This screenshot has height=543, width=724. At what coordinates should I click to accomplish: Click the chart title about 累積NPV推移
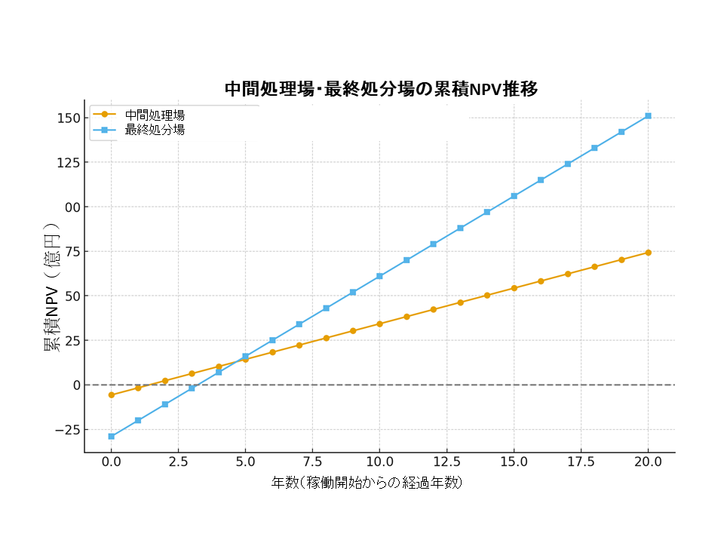point(381,89)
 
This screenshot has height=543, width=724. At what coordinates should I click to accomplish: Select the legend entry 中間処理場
point(155,115)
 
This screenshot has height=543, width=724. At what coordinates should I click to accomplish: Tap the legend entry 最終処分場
point(155,130)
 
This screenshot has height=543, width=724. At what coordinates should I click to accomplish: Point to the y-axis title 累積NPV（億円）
point(51,289)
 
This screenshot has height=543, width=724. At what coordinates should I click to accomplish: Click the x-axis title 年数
point(367,483)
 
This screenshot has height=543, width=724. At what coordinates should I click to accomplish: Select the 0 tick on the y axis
point(75,385)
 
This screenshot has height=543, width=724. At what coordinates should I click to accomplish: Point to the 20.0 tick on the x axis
point(649,462)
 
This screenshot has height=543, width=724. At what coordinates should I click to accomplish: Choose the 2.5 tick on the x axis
point(178,462)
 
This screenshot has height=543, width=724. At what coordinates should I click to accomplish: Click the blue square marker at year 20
point(649,116)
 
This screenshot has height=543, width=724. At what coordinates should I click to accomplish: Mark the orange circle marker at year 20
point(649,253)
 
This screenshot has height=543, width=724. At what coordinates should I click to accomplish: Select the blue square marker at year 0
point(111,437)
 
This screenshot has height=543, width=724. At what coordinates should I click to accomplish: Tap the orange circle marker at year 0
point(111,395)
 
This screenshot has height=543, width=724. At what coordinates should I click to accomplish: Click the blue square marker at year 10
point(379,276)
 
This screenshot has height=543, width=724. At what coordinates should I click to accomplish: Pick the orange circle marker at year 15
point(514,288)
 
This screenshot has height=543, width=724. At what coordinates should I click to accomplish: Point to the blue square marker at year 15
point(514,196)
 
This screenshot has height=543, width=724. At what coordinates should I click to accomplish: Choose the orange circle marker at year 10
point(379,324)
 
